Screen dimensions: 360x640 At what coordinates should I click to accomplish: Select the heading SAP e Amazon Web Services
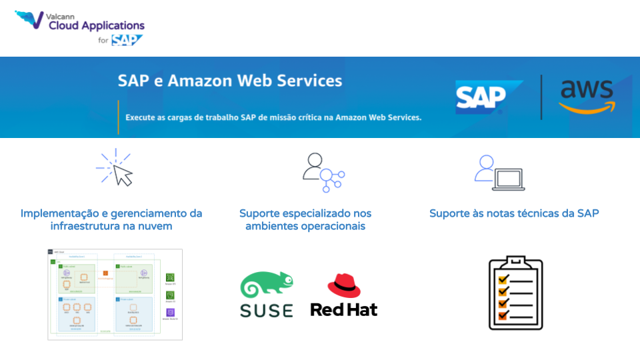[230, 81]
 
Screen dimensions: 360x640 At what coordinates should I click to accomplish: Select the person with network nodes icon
[323, 172]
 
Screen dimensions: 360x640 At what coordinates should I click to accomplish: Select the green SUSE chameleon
[267, 286]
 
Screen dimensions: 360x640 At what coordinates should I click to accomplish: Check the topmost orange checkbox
[503, 281]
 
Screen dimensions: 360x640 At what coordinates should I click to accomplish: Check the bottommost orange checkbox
[503, 315]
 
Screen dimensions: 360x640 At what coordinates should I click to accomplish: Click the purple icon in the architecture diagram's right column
[170, 313]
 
